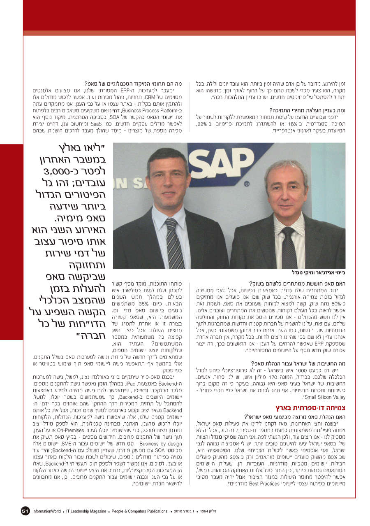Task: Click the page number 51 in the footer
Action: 25,511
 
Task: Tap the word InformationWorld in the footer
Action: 46,511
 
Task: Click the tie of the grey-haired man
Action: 287,247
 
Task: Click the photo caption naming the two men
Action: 321,272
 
